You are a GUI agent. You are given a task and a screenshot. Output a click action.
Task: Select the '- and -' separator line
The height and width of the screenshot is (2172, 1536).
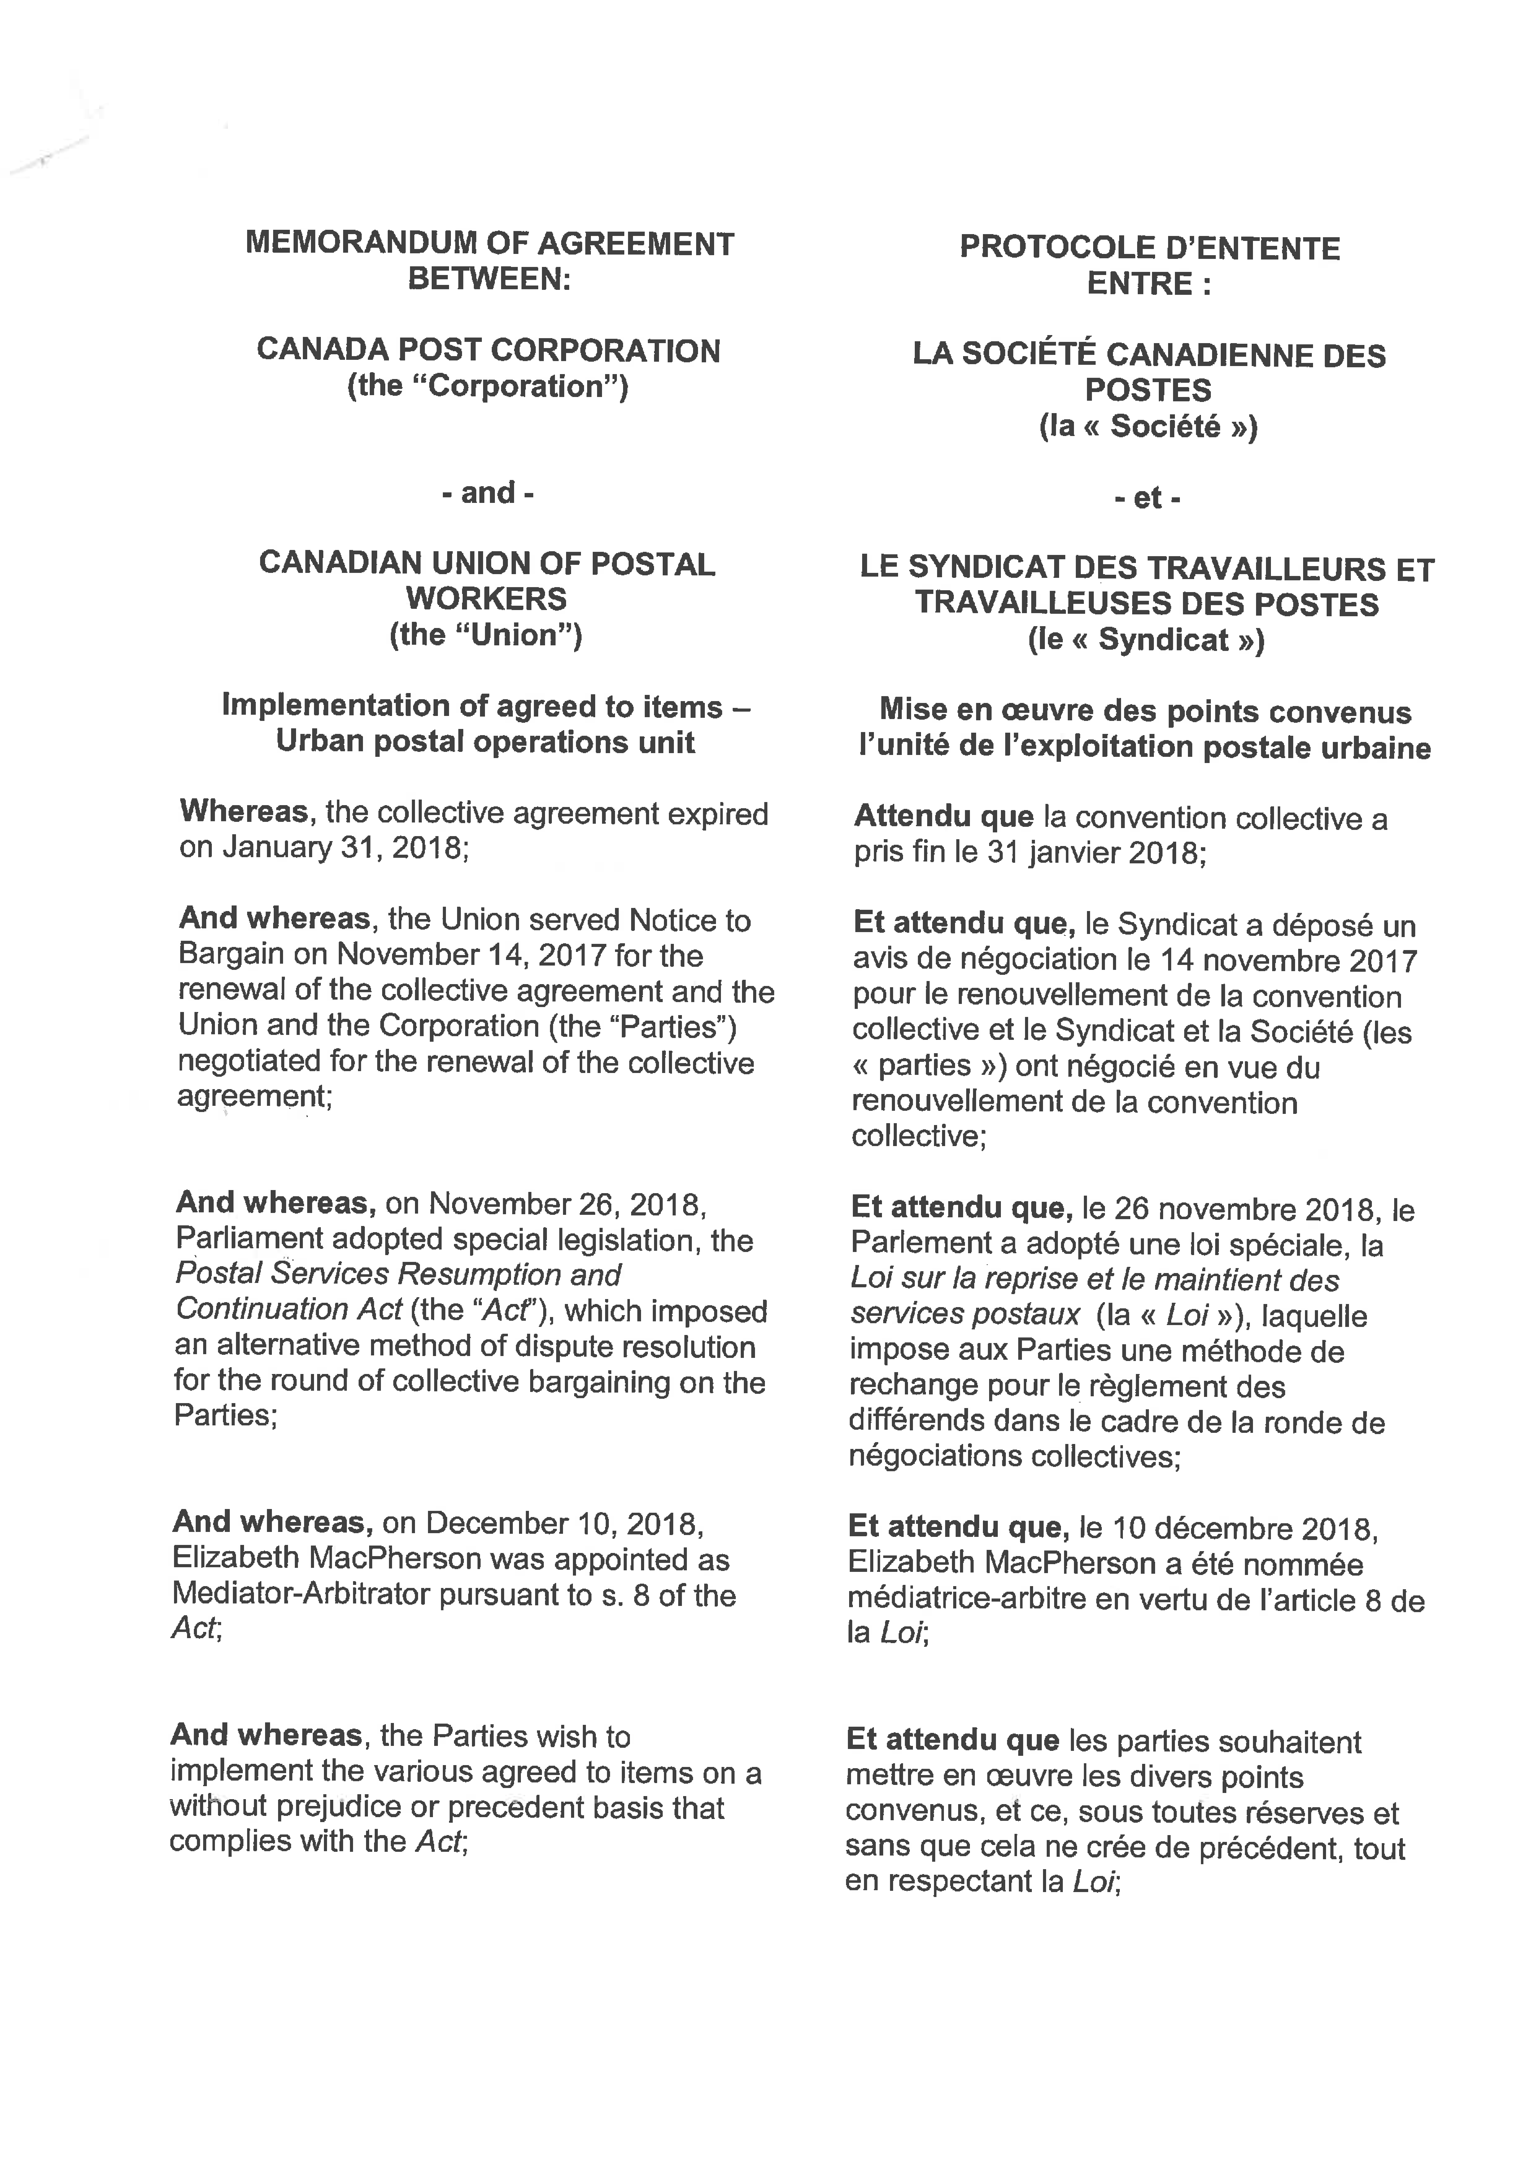(487, 493)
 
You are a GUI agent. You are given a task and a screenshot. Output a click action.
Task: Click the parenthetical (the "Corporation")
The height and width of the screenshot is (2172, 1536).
(487, 387)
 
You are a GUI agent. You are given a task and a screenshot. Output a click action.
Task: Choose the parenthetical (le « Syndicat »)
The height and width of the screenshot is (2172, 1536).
(1146, 640)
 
